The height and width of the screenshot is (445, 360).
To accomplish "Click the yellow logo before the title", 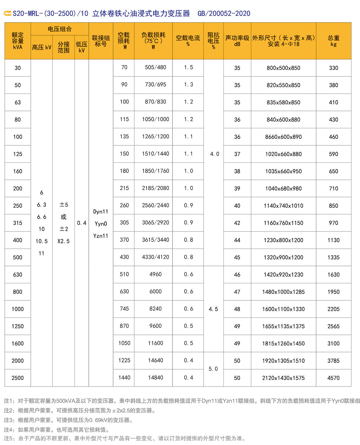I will coord(7,13).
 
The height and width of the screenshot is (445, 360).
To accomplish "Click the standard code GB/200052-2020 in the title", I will coord(224,13).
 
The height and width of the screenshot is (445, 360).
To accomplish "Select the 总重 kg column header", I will coord(333,41).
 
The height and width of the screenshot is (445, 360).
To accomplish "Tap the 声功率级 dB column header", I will coord(237,41).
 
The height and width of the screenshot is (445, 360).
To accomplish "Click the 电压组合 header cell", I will coord(60,29).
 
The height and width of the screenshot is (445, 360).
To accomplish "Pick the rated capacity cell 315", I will coord(18,223).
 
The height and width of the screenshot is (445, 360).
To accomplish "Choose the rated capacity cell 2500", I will coord(18,378).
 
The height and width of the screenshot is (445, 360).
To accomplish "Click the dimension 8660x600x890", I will coord(283,137).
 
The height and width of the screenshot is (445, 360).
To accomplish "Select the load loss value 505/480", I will coord(155,67).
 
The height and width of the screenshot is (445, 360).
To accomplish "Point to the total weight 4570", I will coord(333,378).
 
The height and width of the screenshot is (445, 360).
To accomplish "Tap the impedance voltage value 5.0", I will coord(213,369).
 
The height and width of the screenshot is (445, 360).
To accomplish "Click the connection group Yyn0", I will coord(101,224).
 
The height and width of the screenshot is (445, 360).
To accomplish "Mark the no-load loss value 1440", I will coord(124,378).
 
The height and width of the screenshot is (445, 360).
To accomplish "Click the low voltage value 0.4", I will coord(82,223).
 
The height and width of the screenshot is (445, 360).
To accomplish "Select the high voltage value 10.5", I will coord(41,241).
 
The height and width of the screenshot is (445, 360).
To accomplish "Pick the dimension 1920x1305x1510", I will coord(283,361).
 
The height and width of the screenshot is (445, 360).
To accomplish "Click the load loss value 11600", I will coord(155,343).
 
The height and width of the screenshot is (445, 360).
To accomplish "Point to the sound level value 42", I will coord(237,223).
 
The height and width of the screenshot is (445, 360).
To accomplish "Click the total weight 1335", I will coord(333,257).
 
